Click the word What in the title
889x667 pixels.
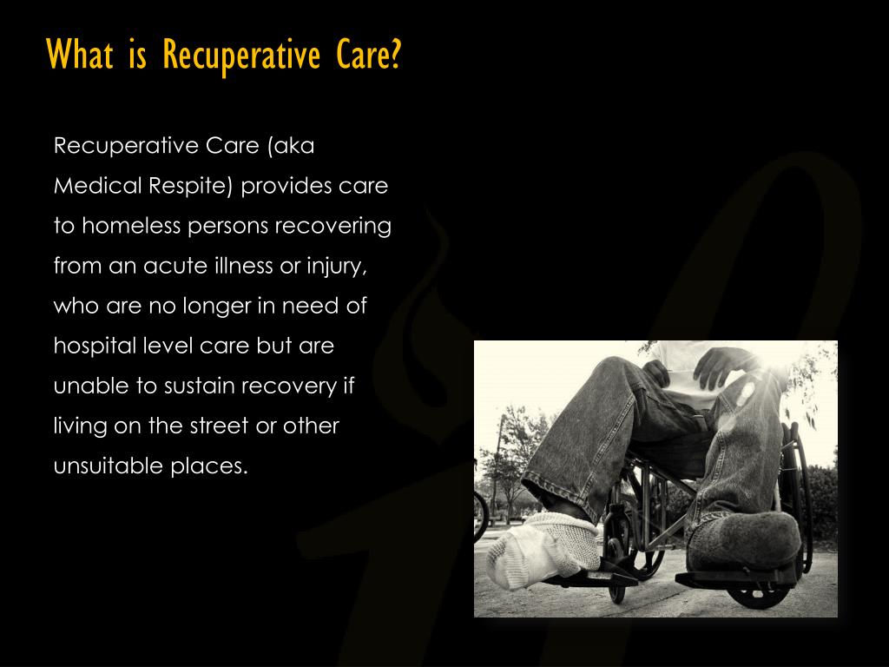pyautogui.click(x=80, y=56)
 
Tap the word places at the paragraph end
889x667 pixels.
pyautogui.click(x=209, y=466)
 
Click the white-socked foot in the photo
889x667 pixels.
pyautogui.click(x=534, y=547)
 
